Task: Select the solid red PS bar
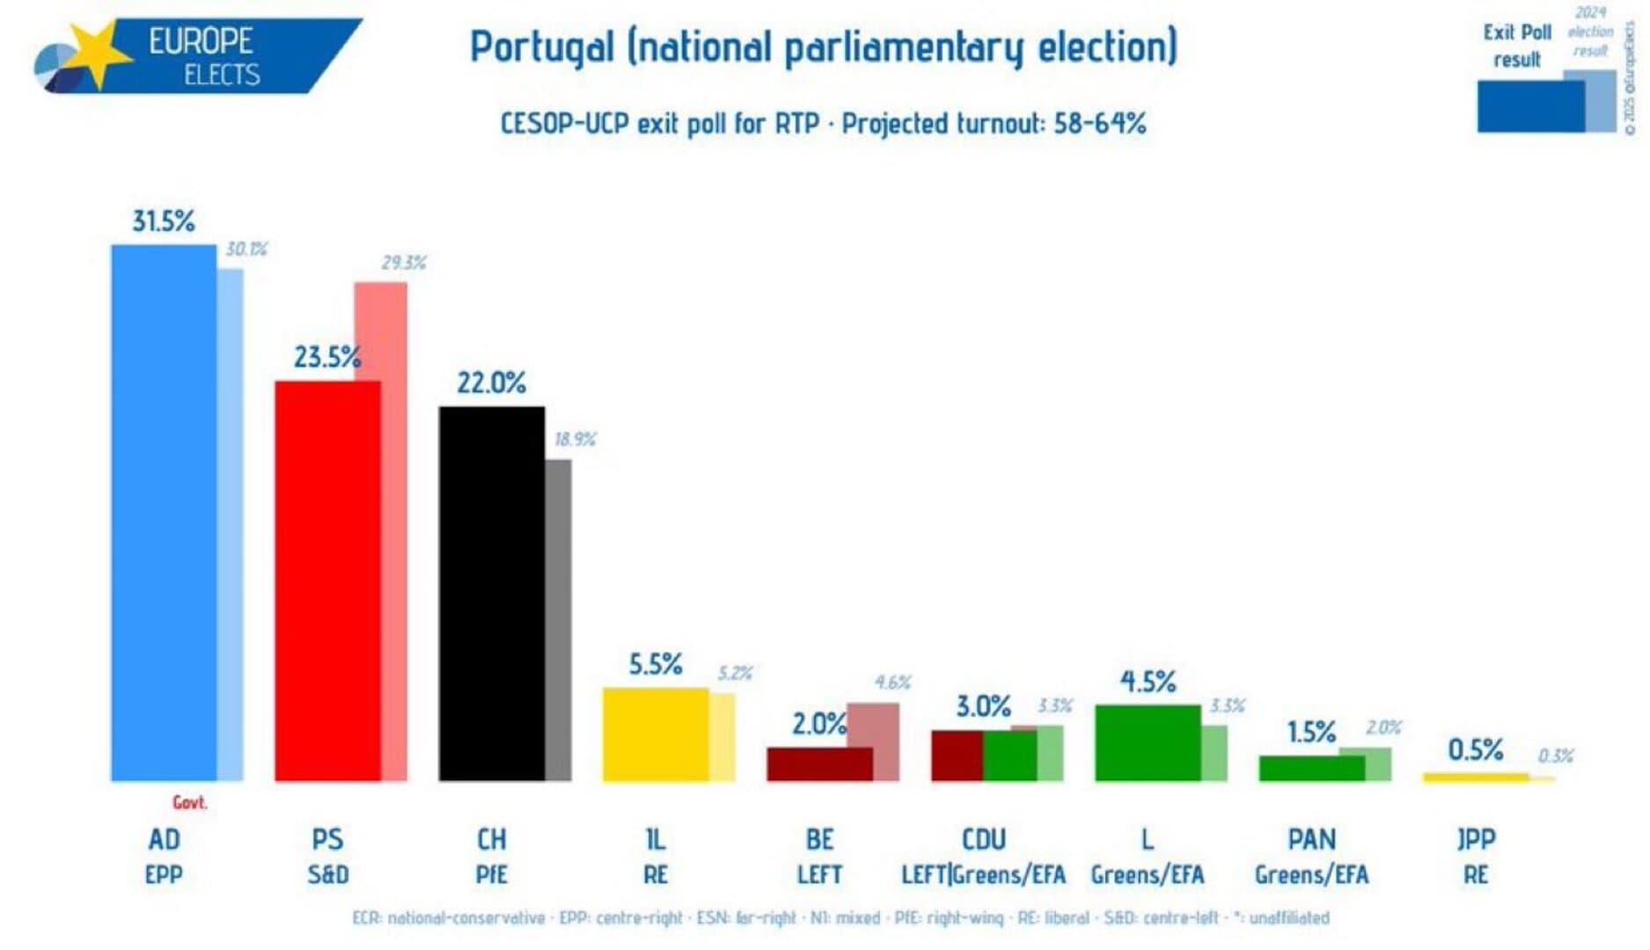click(327, 581)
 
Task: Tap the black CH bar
click(491, 594)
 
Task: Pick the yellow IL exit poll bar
click(656, 734)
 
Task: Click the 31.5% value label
click(164, 221)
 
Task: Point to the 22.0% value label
click(491, 383)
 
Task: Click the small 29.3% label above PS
click(403, 263)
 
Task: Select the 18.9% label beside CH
click(575, 439)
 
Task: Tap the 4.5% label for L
click(1148, 682)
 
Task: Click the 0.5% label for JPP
click(1475, 750)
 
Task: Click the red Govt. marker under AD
click(189, 802)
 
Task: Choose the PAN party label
click(1311, 839)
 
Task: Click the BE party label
click(819, 839)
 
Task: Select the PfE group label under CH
click(491, 875)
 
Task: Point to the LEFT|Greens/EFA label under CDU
click(983, 875)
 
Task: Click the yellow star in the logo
click(97, 53)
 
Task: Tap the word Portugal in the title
click(541, 47)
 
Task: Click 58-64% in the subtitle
click(1099, 123)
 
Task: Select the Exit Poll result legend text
click(1516, 46)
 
